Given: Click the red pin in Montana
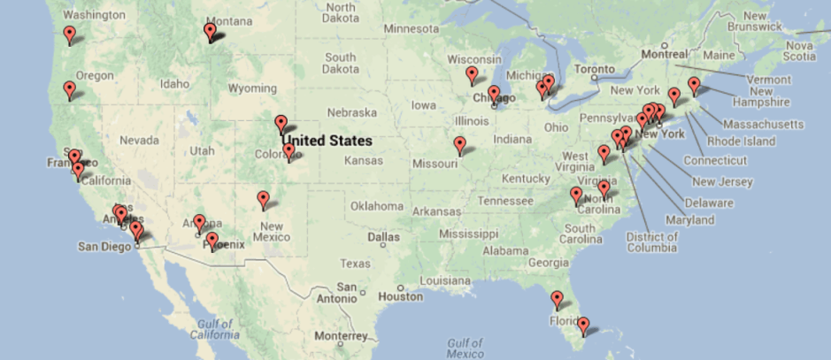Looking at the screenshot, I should tap(210, 31).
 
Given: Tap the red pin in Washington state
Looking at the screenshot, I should tap(70, 35).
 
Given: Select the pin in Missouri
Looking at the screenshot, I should tap(459, 144).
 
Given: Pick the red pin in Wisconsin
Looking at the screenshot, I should tap(472, 74).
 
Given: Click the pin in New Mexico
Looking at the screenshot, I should tap(263, 199).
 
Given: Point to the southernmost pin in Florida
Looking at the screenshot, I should tap(583, 326).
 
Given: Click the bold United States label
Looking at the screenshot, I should tap(327, 140).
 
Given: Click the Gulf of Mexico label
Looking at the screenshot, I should tap(465, 348).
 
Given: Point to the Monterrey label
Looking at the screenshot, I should tap(339, 336).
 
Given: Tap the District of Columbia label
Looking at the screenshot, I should tap(651, 241).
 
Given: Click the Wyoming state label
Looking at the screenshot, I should tap(252, 88).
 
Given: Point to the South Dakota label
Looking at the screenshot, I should tap(340, 63).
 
